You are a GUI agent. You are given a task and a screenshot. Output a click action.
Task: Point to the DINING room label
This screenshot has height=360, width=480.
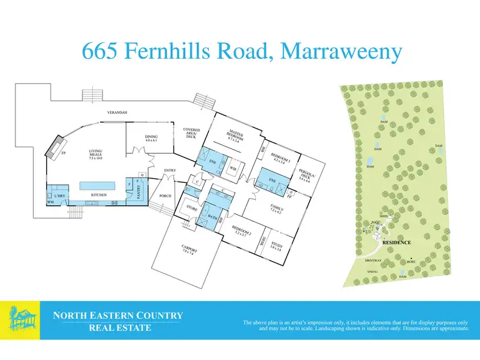click(x=152, y=137)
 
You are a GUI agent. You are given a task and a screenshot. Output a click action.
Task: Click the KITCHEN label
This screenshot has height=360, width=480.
click(x=98, y=195)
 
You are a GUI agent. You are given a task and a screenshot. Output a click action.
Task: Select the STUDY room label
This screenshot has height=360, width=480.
click(x=276, y=245)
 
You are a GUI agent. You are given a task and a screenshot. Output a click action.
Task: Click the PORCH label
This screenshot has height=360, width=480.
click(x=165, y=196)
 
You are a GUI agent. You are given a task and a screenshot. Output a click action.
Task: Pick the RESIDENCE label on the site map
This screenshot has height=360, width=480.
click(x=396, y=243)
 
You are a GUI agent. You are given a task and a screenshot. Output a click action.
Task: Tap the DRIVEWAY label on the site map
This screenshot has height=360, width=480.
click(x=373, y=260)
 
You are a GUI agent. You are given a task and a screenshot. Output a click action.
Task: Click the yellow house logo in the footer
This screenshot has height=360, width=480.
click(x=20, y=320)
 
